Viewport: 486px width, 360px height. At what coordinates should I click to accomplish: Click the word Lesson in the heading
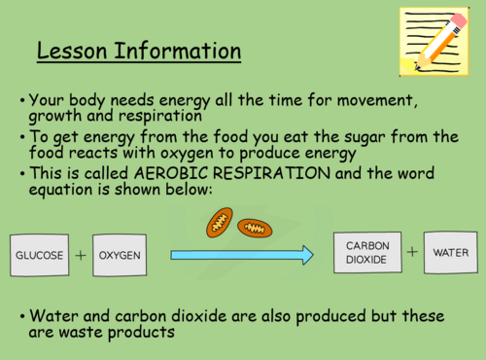coord(74,50)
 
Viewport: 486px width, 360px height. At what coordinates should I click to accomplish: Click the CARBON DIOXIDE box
coord(366,253)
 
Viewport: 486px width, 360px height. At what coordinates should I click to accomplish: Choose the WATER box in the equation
coord(450,253)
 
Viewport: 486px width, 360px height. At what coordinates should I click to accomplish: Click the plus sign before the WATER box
coord(412,252)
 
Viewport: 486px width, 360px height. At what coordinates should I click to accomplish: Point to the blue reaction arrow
coord(242,256)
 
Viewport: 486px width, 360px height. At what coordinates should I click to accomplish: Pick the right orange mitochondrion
coord(255,229)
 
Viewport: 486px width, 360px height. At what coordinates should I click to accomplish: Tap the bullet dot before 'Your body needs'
coord(21,101)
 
